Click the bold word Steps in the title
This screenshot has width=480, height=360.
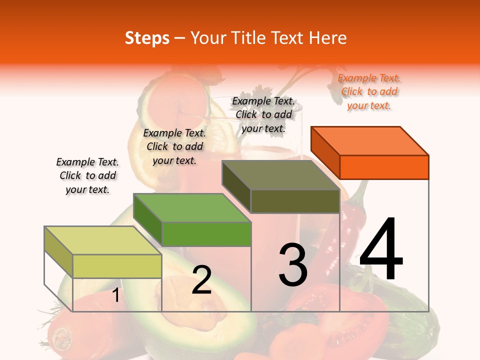tap(147, 38)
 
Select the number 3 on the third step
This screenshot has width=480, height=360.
tap(293, 264)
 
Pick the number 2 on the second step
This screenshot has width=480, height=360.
tap(201, 280)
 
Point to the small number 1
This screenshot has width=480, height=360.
tap(115, 295)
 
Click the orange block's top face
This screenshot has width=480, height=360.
tap(370, 140)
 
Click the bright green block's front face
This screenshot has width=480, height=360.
tap(206, 234)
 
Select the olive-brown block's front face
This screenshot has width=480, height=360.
tap(295, 201)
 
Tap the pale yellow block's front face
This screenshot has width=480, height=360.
tap(117, 266)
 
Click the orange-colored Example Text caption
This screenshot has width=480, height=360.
tap(369, 91)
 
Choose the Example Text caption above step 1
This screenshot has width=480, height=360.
tap(87, 175)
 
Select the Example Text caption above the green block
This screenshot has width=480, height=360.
tap(174, 146)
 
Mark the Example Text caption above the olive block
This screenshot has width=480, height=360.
tap(263, 114)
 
